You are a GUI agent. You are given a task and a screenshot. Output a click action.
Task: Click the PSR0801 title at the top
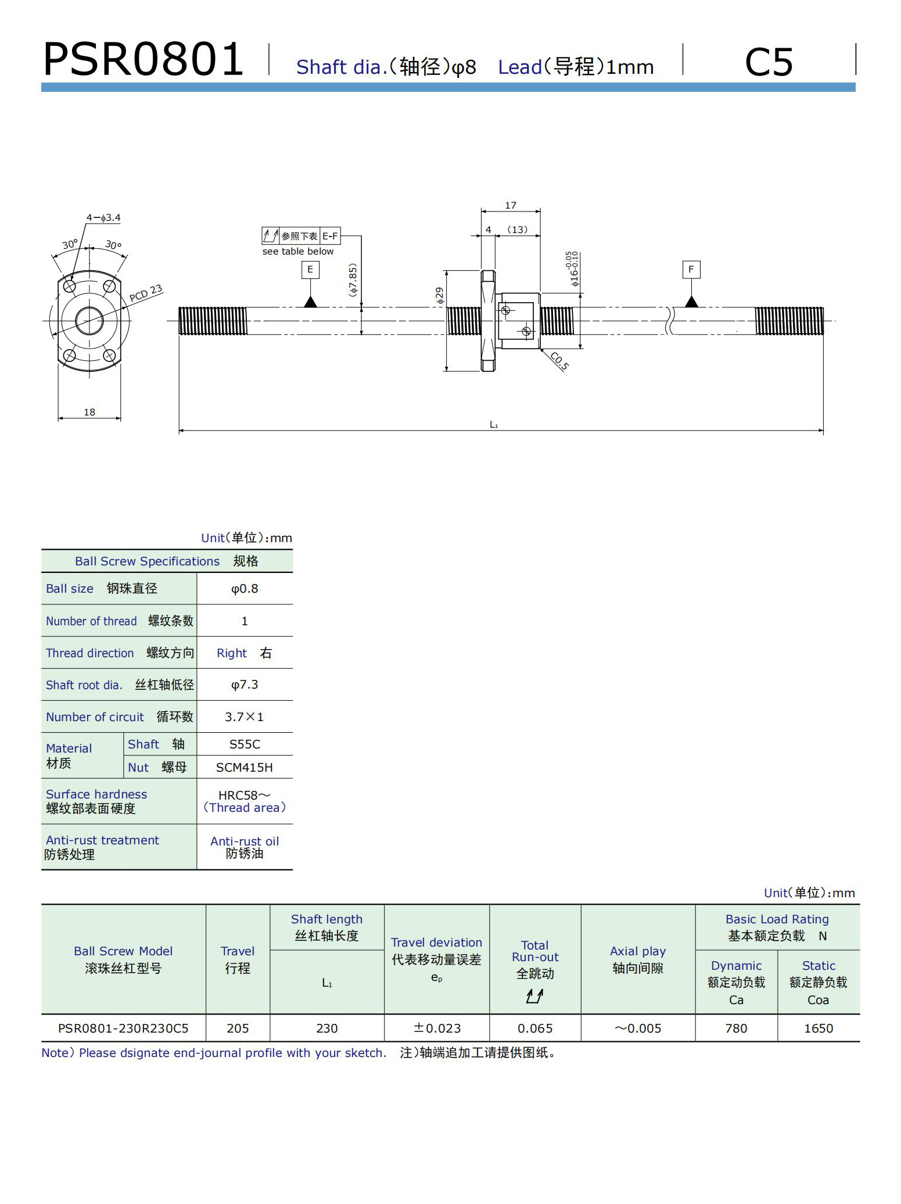pos(143,59)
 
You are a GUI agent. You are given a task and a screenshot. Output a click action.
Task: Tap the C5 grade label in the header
pos(768,62)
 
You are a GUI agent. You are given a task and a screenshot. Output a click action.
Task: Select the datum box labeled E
pos(310,270)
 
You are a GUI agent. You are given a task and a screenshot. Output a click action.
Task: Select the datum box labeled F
pos(691,270)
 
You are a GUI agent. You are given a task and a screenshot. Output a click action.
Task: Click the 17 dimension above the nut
pos(510,205)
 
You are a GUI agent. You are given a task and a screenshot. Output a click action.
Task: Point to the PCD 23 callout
pos(145,293)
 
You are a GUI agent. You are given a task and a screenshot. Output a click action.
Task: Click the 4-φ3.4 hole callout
pos(103,218)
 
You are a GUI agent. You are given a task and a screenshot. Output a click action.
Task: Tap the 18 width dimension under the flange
pos(89,412)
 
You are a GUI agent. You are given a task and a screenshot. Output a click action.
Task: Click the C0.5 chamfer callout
pos(559,361)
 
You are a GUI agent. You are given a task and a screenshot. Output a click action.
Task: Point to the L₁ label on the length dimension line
pos(494,425)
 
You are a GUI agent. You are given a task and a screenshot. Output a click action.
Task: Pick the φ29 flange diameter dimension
pos(440,295)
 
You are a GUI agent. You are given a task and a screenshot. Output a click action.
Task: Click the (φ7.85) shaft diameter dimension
pos(353,281)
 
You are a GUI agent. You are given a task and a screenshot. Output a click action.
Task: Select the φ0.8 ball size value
pos(245,589)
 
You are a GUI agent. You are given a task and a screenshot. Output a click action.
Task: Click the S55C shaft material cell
pos(245,744)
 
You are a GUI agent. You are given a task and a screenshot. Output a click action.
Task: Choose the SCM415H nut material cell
pos(245,768)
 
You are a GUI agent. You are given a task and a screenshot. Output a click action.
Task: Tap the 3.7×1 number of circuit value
pos(245,717)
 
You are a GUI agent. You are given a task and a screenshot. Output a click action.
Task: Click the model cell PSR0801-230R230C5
pos(123,1029)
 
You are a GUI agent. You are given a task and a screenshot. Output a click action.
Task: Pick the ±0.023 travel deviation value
pos(437,1029)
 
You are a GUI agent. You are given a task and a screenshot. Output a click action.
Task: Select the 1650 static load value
pos(818,1029)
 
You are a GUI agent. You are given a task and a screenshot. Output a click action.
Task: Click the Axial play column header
pos(638,959)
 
